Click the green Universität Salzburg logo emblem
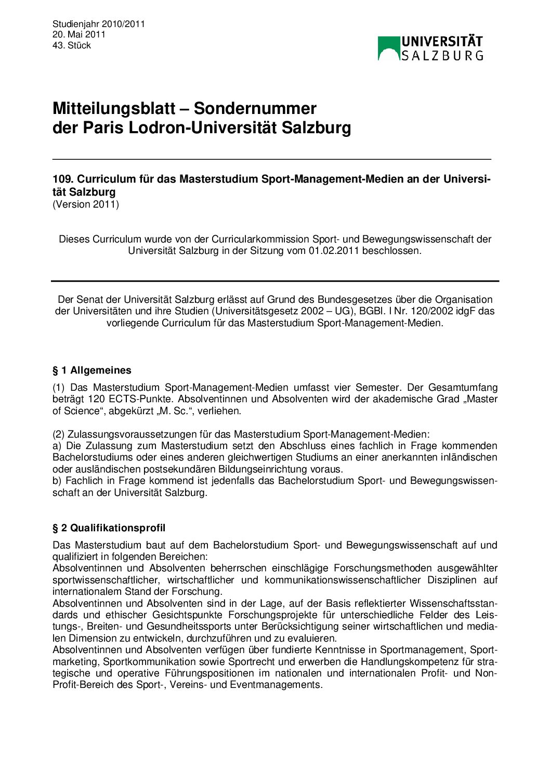389,48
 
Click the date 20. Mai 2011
79,34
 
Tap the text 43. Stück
72,45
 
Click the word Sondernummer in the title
255,108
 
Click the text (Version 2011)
86,204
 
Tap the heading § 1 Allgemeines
92,371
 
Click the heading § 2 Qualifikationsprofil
109,528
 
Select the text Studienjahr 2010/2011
99,24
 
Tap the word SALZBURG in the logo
442,55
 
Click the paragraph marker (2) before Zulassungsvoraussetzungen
58,434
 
